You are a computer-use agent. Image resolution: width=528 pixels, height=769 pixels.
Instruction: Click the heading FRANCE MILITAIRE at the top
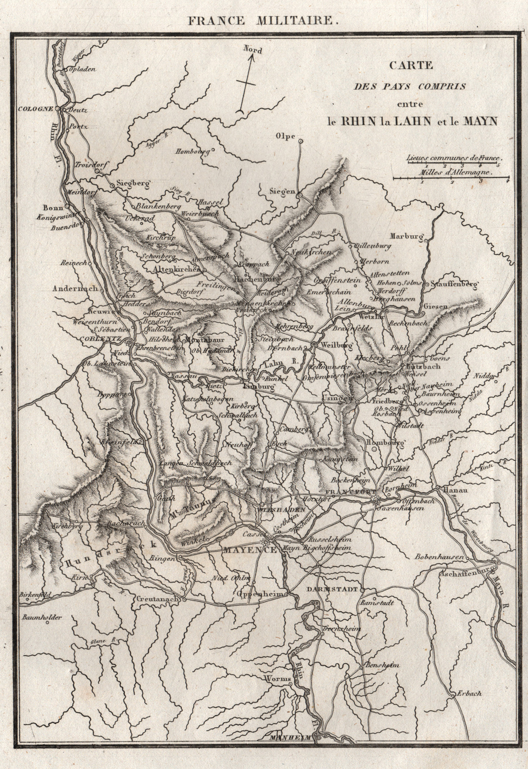(x=263, y=21)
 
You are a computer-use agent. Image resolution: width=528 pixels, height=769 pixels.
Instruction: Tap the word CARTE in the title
(x=410, y=65)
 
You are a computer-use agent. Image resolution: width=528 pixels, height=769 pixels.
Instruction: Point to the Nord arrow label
(x=253, y=50)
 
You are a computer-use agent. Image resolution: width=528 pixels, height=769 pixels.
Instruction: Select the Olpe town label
(x=286, y=137)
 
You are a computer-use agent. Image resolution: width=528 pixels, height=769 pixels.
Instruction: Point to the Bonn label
(x=53, y=208)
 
